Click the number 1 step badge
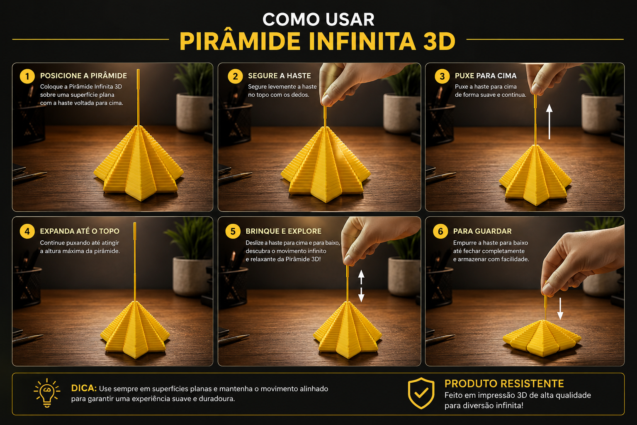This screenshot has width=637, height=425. click(27, 76)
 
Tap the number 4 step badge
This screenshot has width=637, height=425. click(27, 231)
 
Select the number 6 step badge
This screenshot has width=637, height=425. click(440, 231)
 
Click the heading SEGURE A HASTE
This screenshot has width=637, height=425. click(279, 76)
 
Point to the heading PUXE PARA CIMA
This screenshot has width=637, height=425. click(486, 76)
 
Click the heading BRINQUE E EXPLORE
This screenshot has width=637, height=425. click(284, 231)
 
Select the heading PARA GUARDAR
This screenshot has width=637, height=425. click(482, 231)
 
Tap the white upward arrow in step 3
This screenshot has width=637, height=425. click(549, 122)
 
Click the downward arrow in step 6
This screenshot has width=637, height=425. click(560, 308)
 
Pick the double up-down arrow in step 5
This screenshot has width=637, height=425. click(361, 286)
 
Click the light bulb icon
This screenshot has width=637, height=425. click(47, 393)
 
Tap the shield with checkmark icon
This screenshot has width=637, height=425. click(421, 393)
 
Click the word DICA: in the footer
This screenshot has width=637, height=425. click(84, 388)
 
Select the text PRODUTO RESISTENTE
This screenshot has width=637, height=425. click(504, 383)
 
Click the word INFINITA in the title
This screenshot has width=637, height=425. click(362, 41)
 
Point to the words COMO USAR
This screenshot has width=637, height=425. click(318, 20)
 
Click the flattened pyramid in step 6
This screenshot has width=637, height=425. click(542, 338)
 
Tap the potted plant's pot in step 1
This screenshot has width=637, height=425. click(194, 112)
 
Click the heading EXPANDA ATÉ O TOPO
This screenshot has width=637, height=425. click(80, 231)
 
